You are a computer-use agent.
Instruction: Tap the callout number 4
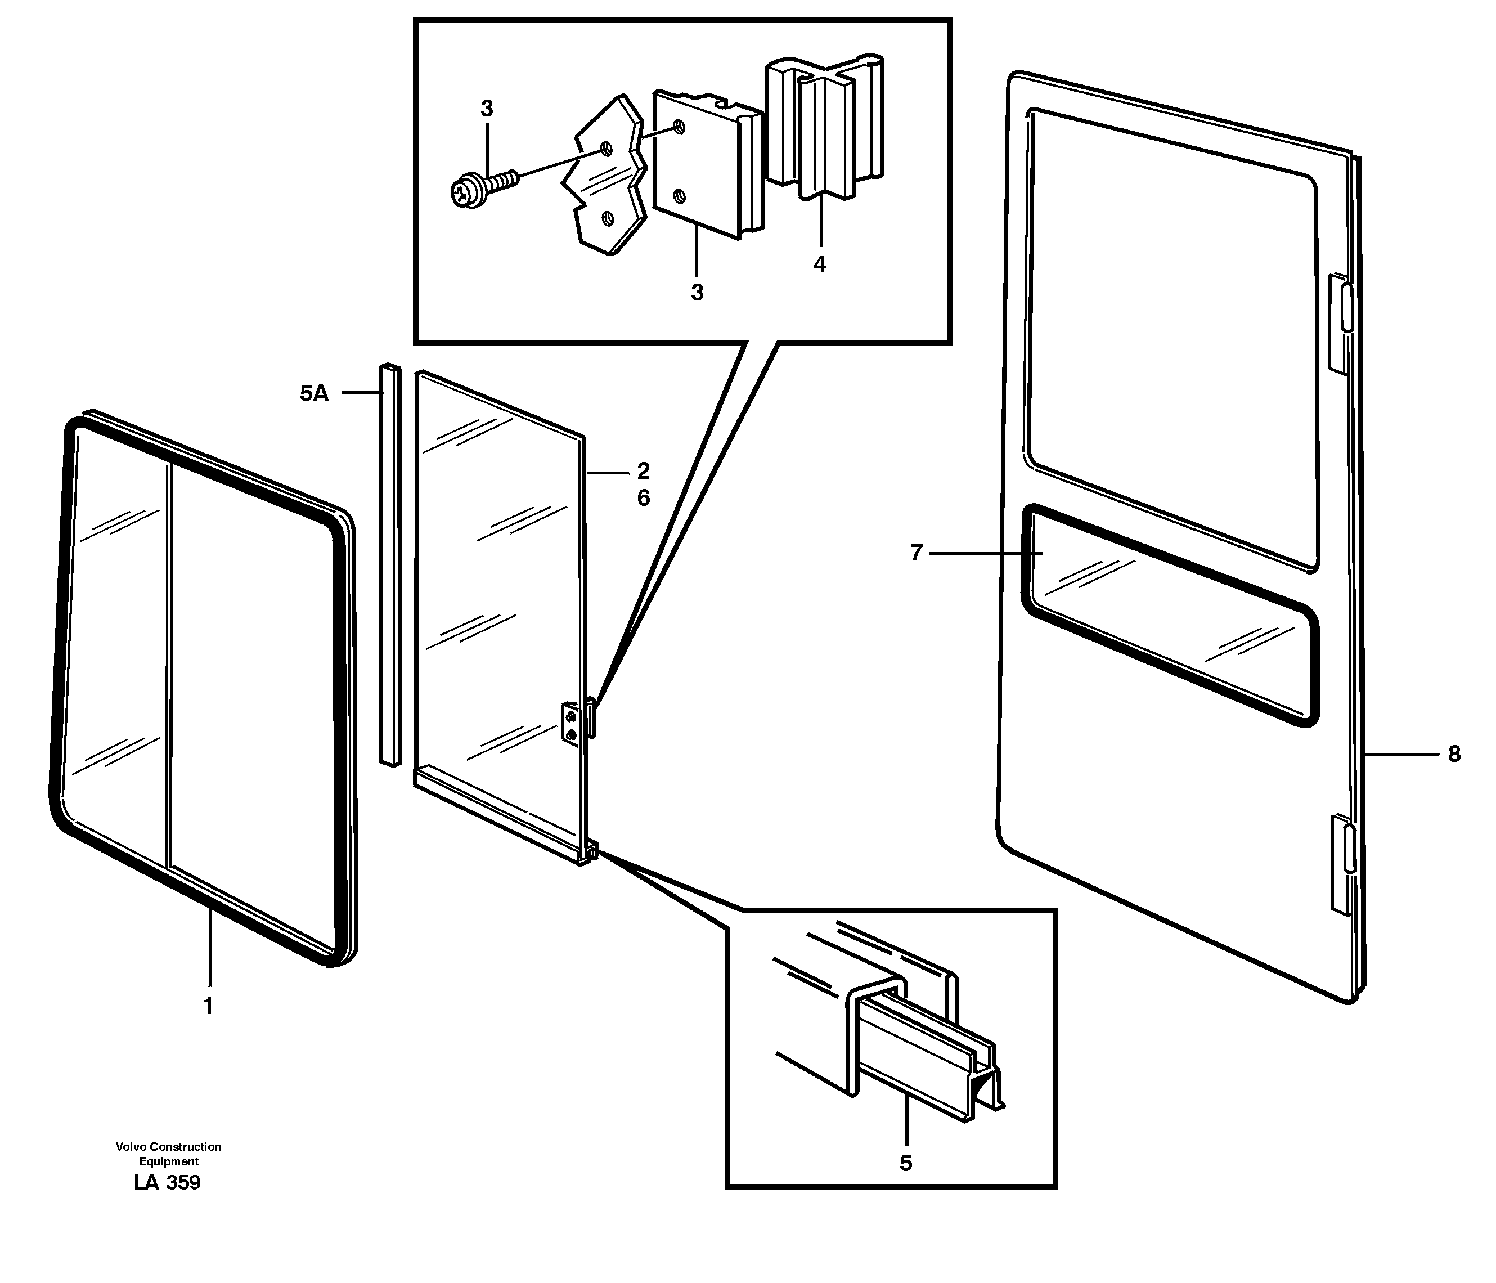[820, 265]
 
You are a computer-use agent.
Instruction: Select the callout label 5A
[314, 393]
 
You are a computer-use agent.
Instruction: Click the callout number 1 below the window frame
[208, 1006]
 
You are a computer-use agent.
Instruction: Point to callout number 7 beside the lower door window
[917, 553]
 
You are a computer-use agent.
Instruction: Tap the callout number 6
[643, 498]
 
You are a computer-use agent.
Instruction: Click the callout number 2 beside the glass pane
[643, 471]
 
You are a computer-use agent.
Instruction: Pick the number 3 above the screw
[487, 109]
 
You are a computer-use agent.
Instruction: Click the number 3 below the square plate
[697, 293]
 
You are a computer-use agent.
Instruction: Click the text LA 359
[168, 1183]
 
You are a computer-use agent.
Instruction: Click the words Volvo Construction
[168, 1147]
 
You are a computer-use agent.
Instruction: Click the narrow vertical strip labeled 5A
[390, 563]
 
